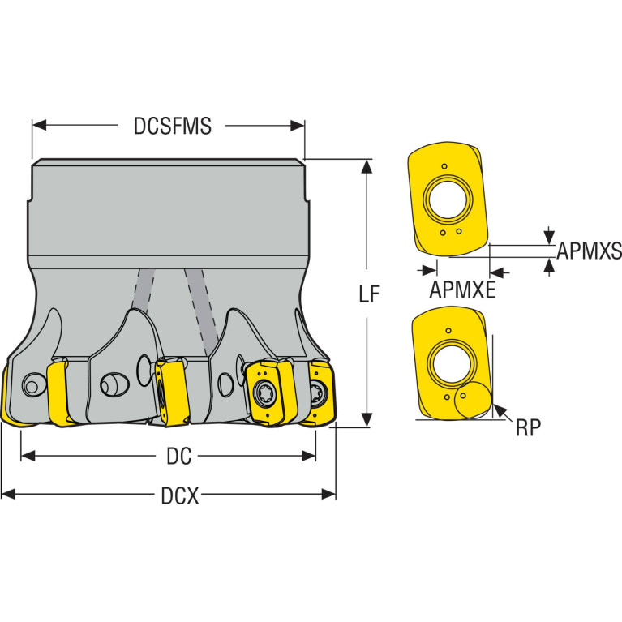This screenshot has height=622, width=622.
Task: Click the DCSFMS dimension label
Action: (x=173, y=127)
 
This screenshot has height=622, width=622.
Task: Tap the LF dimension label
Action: (x=369, y=294)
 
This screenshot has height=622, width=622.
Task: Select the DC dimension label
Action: (x=179, y=457)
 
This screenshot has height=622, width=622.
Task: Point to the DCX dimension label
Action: (x=180, y=495)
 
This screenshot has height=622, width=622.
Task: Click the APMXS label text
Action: (x=589, y=251)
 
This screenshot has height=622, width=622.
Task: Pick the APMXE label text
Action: (x=462, y=290)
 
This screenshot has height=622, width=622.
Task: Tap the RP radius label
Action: (x=528, y=427)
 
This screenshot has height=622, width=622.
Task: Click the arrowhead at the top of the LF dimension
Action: (x=367, y=167)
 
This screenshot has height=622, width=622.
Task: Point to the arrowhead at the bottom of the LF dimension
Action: (x=367, y=420)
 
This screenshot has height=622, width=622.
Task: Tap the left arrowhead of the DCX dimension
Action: (x=9, y=494)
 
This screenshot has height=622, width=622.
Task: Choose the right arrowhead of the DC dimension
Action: (x=308, y=456)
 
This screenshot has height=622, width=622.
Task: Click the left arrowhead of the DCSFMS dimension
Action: (x=39, y=126)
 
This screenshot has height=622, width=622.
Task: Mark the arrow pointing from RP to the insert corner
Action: (x=503, y=413)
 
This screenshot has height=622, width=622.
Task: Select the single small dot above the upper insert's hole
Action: (x=444, y=166)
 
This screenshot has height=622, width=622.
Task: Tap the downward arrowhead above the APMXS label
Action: (x=549, y=237)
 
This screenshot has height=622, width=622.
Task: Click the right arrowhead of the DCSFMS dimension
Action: (x=297, y=126)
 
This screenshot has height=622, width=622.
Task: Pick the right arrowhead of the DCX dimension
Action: (x=328, y=494)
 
